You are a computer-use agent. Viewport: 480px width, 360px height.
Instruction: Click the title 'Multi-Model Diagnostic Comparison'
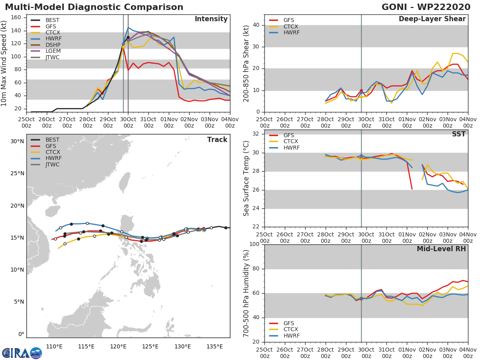(94, 7)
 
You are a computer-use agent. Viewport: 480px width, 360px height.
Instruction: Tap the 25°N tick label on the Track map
(17, 174)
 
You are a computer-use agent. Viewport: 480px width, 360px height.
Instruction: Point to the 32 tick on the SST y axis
(256, 134)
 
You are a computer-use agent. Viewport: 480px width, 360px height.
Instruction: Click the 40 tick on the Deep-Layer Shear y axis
(256, 25)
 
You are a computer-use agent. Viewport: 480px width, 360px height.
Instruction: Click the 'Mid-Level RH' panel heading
(441, 249)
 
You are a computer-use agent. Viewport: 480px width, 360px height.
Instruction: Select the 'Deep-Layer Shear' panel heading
(432, 19)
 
